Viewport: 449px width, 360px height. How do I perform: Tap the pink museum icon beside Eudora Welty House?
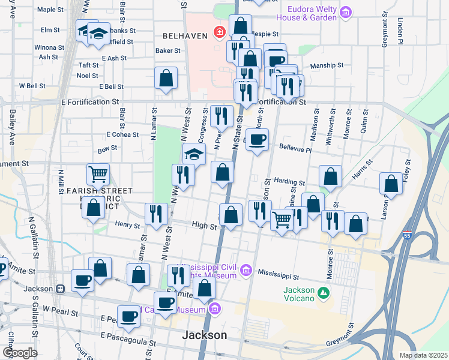[x=345, y=12]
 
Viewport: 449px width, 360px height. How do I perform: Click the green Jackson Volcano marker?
[x=324, y=293]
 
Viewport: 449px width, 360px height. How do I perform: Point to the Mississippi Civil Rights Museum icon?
[x=245, y=271]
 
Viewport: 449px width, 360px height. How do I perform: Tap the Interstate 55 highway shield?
[x=408, y=238]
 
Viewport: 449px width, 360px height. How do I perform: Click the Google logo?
[x=19, y=353]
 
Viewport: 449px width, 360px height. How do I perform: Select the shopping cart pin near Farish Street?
[x=98, y=174]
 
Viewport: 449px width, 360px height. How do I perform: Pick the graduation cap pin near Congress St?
[x=194, y=154]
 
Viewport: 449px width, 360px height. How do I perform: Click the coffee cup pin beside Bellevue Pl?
[x=258, y=140]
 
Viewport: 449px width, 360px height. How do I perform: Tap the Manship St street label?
[x=327, y=65]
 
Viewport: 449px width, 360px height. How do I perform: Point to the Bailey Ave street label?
[x=11, y=127]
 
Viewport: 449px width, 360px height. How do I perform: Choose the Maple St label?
[x=49, y=10]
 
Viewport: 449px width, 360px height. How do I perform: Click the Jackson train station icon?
[x=60, y=289]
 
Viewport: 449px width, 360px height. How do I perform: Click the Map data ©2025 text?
[x=423, y=355]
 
